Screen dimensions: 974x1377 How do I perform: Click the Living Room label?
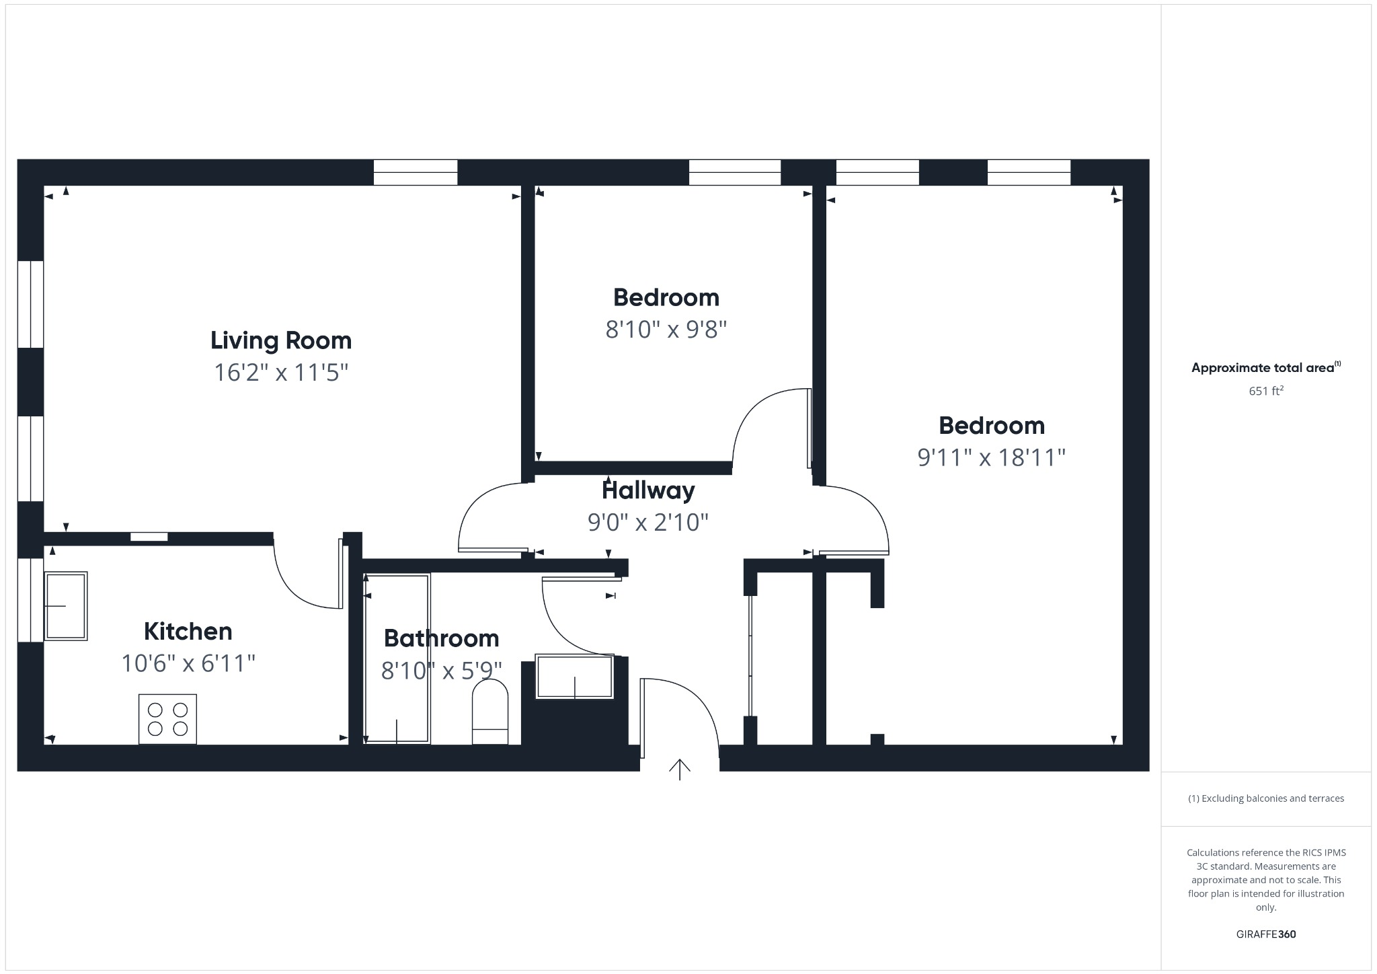click(281, 340)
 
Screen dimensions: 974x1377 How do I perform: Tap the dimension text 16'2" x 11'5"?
click(281, 372)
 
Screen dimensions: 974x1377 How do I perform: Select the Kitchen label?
click(188, 632)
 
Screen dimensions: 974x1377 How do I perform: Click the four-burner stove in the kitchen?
click(167, 719)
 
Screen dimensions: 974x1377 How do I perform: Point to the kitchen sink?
click(66, 606)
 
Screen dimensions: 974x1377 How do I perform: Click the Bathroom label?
click(441, 638)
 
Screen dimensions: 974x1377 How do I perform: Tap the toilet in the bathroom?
click(490, 712)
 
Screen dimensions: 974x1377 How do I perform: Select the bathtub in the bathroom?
click(397, 659)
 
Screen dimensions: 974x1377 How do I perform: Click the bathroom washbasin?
click(575, 676)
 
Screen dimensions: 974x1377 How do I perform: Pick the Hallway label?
click(648, 490)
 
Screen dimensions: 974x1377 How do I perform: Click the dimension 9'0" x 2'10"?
click(648, 522)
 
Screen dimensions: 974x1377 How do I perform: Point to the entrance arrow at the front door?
click(680, 769)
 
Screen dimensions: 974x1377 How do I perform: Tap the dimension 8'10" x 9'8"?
click(666, 330)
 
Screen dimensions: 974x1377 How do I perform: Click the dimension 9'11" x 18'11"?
click(992, 458)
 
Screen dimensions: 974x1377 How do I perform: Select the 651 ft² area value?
click(1266, 391)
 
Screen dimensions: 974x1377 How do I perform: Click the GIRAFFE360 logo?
click(1266, 934)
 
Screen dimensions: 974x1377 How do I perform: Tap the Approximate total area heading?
click(1264, 368)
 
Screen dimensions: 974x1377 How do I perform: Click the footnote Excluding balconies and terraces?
click(1266, 798)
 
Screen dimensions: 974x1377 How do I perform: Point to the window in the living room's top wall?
click(416, 172)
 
